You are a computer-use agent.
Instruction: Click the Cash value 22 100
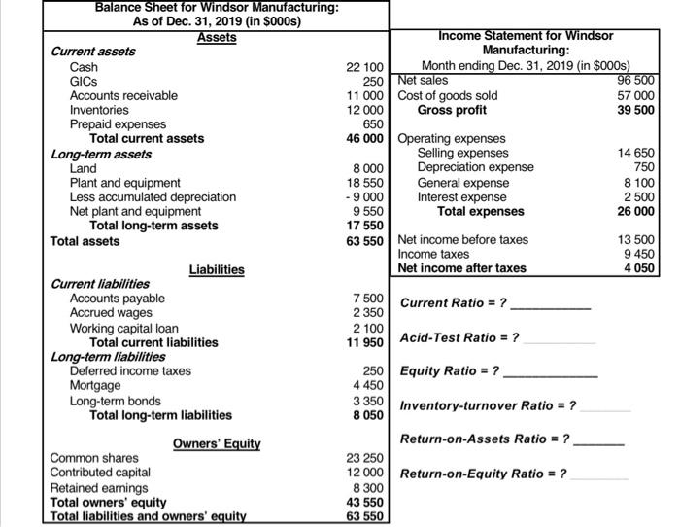(367, 66)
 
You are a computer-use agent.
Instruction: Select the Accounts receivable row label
(123, 95)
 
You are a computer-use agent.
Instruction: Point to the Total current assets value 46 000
(367, 139)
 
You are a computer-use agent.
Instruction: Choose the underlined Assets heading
(217, 37)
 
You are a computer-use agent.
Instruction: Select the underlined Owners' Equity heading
(217, 443)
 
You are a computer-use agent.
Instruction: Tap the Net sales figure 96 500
(636, 80)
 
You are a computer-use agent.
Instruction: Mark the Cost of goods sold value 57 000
(636, 95)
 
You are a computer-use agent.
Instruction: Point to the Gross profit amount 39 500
(636, 110)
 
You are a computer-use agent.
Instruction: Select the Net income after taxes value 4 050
(639, 267)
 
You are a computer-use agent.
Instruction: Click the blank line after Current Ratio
(551, 305)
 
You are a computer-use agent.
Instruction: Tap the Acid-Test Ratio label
(459, 337)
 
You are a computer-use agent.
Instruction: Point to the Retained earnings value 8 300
(370, 487)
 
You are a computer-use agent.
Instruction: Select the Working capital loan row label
(121, 328)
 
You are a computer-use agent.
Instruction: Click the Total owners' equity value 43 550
(367, 502)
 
